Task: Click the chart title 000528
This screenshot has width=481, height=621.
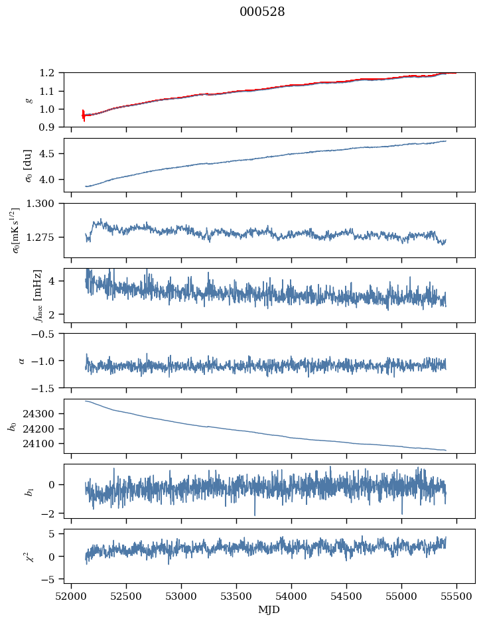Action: tap(262, 12)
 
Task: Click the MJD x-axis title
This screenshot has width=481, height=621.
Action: tap(269, 610)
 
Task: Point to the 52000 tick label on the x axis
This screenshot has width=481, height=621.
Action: tap(71, 597)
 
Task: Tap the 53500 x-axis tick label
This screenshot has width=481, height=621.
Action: tap(236, 597)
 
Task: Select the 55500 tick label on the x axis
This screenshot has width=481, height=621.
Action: tap(456, 597)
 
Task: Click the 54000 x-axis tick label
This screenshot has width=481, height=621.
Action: tap(291, 597)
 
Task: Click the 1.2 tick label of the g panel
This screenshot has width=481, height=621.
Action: tap(46, 73)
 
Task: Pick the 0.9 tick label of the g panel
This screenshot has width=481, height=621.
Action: tap(46, 127)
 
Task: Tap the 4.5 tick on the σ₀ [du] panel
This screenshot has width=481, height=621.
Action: tap(46, 154)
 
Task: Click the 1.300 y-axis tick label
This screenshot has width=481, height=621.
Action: tap(40, 204)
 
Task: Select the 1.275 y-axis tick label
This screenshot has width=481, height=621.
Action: tap(40, 238)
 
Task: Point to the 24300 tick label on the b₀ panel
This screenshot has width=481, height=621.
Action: tap(38, 414)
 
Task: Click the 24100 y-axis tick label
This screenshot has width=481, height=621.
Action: tap(38, 444)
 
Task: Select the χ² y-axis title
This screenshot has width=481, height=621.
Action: tap(29, 557)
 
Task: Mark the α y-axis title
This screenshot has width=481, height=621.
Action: tap(21, 361)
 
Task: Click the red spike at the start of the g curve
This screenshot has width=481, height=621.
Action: tap(84, 115)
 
